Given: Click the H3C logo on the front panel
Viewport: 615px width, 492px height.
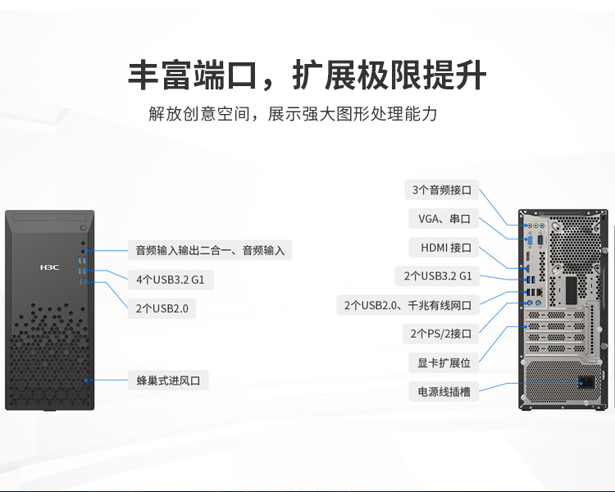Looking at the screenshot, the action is [x=49, y=267].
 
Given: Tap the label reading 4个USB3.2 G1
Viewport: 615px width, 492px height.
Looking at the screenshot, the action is [x=171, y=280].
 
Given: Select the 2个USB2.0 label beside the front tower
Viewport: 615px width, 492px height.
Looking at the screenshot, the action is [x=162, y=308].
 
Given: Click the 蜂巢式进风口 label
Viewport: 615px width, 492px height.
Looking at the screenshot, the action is [x=168, y=380].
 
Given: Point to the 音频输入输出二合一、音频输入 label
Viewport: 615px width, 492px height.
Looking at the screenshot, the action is [x=210, y=250].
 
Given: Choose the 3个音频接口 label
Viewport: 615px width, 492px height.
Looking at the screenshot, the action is [x=442, y=190].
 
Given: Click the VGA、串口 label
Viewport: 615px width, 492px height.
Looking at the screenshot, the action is [x=444, y=219].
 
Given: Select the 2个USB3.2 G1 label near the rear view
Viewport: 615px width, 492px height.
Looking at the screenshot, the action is [x=437, y=276].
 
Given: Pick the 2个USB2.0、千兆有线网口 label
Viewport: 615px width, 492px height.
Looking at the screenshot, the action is [x=408, y=305].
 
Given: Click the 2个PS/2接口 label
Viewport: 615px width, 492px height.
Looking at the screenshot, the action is [x=441, y=334].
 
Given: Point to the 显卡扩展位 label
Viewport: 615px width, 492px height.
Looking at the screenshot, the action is [x=444, y=362].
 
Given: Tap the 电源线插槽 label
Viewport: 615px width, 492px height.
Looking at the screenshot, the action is [x=444, y=391].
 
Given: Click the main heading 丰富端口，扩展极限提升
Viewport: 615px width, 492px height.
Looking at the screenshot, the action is [x=307, y=75].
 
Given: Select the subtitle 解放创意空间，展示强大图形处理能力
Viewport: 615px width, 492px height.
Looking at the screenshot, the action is [x=293, y=114].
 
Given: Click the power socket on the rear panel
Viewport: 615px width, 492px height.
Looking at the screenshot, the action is [x=586, y=382].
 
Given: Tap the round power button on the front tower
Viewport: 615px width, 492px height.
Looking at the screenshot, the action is [x=83, y=228].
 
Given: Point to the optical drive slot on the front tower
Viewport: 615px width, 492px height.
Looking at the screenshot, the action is [x=49, y=217].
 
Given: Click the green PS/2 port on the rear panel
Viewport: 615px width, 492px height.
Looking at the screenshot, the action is [x=538, y=303].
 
